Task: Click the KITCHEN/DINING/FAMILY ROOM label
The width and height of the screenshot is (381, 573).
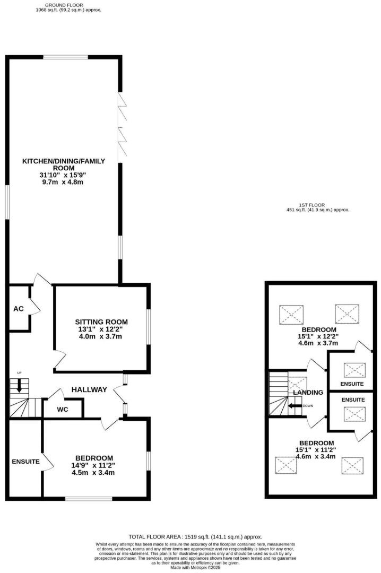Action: pos(64,164)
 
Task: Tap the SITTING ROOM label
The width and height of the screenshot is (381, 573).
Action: pos(101,322)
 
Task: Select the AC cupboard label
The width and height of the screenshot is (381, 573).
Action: pos(18,309)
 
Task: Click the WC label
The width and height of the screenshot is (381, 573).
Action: pos(62,409)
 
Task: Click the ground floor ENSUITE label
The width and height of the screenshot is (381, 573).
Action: pos(25,462)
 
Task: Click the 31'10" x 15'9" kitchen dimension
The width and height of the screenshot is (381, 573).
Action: pos(64,175)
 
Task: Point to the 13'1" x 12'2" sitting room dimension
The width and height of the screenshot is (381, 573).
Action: pos(101,329)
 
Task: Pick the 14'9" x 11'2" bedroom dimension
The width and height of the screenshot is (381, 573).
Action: pos(93,465)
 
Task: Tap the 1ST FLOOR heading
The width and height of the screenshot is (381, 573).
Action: pos(311,205)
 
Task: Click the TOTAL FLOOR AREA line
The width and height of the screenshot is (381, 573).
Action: pos(195,537)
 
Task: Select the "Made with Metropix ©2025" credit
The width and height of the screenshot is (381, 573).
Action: pos(195,568)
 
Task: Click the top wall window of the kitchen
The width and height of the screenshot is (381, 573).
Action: pos(66,57)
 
